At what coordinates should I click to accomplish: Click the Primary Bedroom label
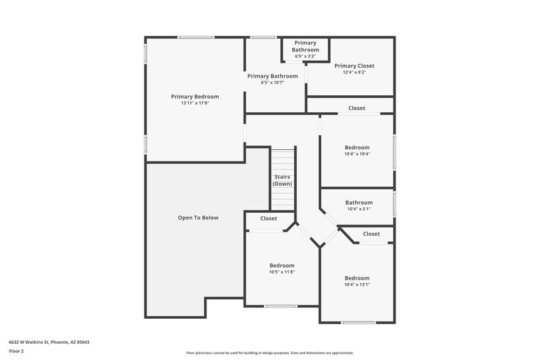coord(194,97)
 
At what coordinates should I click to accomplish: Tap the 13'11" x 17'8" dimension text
coord(194,103)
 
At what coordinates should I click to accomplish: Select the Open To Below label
coord(198,217)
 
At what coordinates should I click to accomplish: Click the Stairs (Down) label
coord(282,180)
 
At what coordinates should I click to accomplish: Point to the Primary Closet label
coord(354,66)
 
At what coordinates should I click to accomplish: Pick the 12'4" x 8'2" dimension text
coord(354,72)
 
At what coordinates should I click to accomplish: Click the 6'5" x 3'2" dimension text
coord(305,56)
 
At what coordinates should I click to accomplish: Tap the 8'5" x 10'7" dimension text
coord(272,82)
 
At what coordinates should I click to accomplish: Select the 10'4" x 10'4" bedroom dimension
coord(357,154)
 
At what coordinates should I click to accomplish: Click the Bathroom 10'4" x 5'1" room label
coord(358,203)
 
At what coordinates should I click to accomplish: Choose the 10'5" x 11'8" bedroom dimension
coord(281,272)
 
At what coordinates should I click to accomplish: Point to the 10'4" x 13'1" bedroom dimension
coord(357,284)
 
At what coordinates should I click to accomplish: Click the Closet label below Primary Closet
coord(356,108)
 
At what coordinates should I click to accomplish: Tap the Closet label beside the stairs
coord(269,219)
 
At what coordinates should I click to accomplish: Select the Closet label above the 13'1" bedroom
coord(371,234)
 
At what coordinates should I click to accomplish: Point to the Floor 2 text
coord(16,351)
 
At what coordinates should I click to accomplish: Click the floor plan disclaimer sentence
coord(269,353)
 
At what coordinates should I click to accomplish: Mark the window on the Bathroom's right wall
coord(394,204)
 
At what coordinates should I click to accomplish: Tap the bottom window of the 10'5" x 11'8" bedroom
coord(281,306)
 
